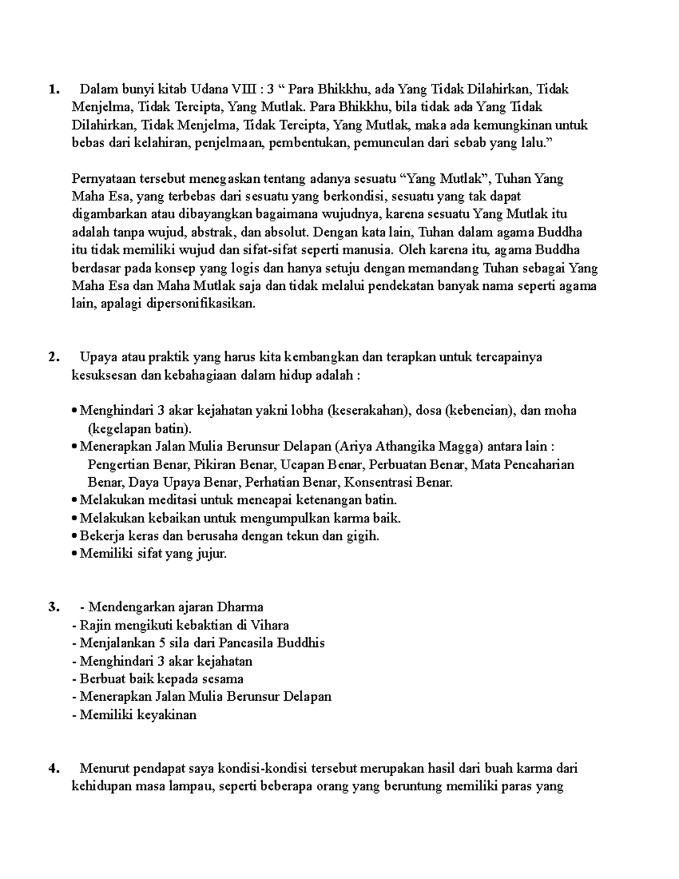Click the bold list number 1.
pos(53,89)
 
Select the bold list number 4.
pos(53,769)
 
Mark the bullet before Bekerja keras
pos(75,537)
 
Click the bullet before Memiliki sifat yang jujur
pos(75,555)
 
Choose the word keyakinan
pos(169,715)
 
